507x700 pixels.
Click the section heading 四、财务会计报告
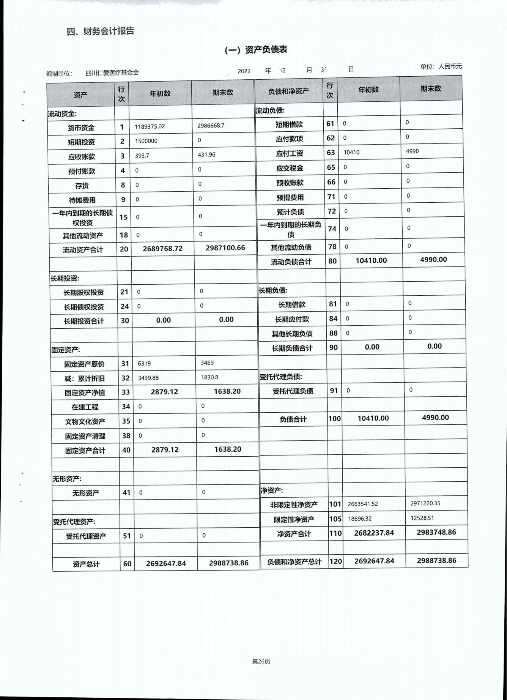[x=101, y=31]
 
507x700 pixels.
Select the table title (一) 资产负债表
[x=256, y=49]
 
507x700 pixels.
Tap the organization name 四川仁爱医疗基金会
[x=112, y=73]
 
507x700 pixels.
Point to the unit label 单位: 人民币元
[x=441, y=66]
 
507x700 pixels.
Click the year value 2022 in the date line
[x=244, y=71]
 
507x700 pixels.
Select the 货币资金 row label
[x=81, y=128]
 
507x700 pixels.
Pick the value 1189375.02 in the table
[x=150, y=126]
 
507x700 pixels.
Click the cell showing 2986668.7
[x=211, y=125]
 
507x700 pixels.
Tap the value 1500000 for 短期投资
[x=146, y=141]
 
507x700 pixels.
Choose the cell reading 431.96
[x=206, y=155]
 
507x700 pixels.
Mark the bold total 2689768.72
[x=162, y=249]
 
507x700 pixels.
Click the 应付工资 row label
[x=290, y=153]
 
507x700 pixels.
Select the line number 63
[x=331, y=153]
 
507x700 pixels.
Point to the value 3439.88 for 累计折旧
[x=148, y=378]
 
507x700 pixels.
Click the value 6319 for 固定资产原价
[x=144, y=363]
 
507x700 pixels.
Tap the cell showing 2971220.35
[x=425, y=503]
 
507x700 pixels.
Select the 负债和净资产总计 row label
[x=294, y=562]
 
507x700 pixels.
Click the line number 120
[x=335, y=561]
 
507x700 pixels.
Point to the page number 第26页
[x=261, y=661]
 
